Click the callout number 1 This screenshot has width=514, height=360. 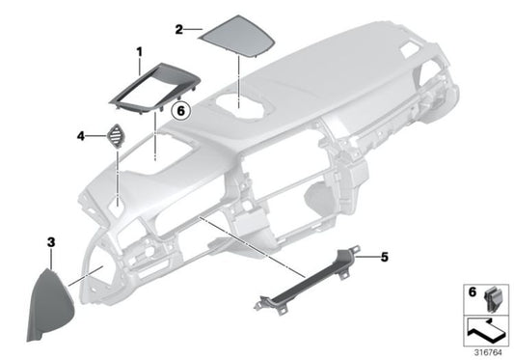click(x=139, y=50)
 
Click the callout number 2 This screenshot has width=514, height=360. click(x=179, y=30)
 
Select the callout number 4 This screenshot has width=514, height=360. click(x=81, y=137)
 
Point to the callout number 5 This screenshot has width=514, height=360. click(x=384, y=257)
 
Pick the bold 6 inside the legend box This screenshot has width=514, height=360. click(x=472, y=291)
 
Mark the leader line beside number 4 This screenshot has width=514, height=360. click(x=96, y=137)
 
